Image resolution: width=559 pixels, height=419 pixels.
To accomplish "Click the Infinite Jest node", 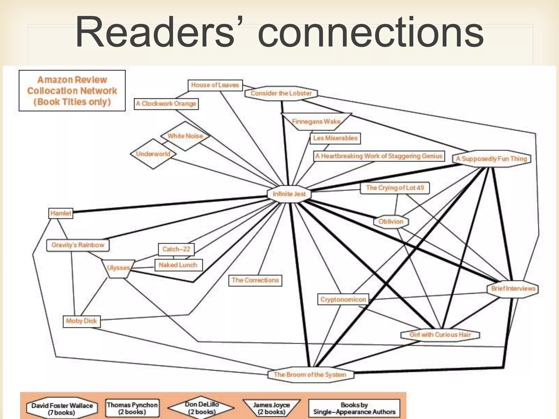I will tap(289, 194).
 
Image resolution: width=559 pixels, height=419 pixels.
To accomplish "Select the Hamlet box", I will tap(61, 213).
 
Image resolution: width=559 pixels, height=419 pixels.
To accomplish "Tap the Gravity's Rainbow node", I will tap(78, 245).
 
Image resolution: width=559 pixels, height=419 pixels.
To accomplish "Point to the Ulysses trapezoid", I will tap(118, 268).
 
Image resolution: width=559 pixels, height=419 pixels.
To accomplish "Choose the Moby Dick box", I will tap(81, 321).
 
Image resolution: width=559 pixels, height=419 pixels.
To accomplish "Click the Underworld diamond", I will tap(153, 154).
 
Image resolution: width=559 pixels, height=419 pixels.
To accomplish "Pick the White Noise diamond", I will tap(185, 136).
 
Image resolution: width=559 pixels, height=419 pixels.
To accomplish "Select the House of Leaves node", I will tap(215, 85).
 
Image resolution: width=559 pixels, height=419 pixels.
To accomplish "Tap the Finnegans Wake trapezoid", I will tap(316, 121).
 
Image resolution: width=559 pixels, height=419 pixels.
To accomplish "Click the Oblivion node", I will tap(391, 222).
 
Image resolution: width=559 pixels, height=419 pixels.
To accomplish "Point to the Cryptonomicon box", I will tap(343, 300).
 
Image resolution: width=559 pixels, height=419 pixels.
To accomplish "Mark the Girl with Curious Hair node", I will tap(440, 335).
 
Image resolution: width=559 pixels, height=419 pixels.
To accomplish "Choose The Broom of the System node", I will tap(310, 375).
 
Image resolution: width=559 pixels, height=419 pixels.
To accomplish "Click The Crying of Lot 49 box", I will tap(395, 188).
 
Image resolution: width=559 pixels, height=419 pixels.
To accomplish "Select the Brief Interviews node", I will tap(513, 289).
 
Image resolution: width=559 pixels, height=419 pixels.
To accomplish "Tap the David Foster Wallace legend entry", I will tap(62, 409).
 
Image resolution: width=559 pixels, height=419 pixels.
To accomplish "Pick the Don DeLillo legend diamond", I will tap(201, 408).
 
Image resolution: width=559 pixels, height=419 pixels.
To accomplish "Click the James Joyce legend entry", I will tap(271, 408).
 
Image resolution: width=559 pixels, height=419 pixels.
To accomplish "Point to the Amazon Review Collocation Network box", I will tap(72, 91).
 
